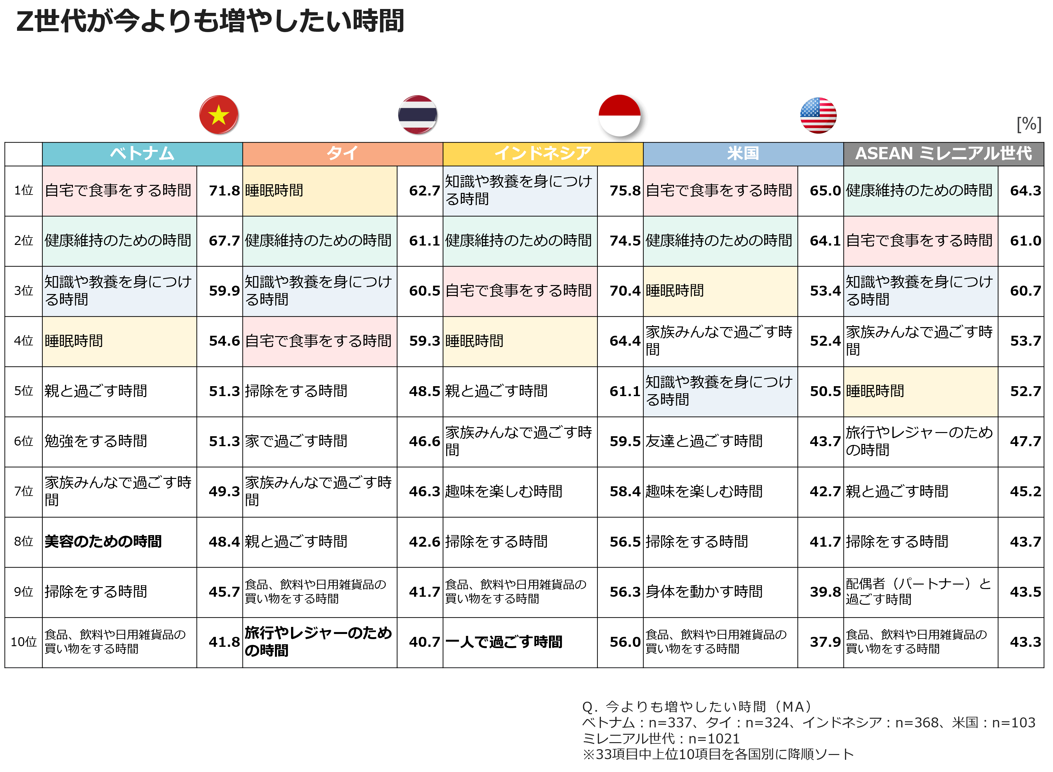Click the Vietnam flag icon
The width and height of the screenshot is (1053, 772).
pyautogui.click(x=218, y=115)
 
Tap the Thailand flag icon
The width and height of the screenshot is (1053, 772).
pyautogui.click(x=418, y=115)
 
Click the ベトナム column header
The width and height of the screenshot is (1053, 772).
pyautogui.click(x=142, y=154)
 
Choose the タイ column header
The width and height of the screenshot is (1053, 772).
pyautogui.click(x=342, y=154)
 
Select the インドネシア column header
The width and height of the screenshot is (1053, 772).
pyautogui.click(x=543, y=154)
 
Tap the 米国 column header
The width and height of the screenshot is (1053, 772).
pyautogui.click(x=743, y=154)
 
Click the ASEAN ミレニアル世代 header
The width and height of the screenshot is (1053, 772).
pyautogui.click(x=943, y=154)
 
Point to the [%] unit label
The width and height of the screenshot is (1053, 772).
pyautogui.click(x=1029, y=124)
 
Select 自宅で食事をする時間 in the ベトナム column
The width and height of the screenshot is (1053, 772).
pyautogui.click(x=119, y=191)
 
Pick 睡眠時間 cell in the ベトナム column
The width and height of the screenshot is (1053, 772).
pyautogui.click(x=119, y=341)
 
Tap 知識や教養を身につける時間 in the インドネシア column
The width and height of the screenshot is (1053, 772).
pyautogui.click(x=520, y=191)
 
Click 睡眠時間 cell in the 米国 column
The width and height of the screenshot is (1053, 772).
pyautogui.click(x=720, y=291)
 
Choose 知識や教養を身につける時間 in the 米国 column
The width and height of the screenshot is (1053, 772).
pyautogui.click(x=720, y=391)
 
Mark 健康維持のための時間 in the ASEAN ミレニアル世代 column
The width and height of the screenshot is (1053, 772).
pyautogui.click(x=920, y=191)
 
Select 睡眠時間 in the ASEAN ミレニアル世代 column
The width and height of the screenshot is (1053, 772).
pyautogui.click(x=920, y=391)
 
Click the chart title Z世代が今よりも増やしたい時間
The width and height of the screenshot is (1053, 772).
pyautogui.click(x=210, y=22)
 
